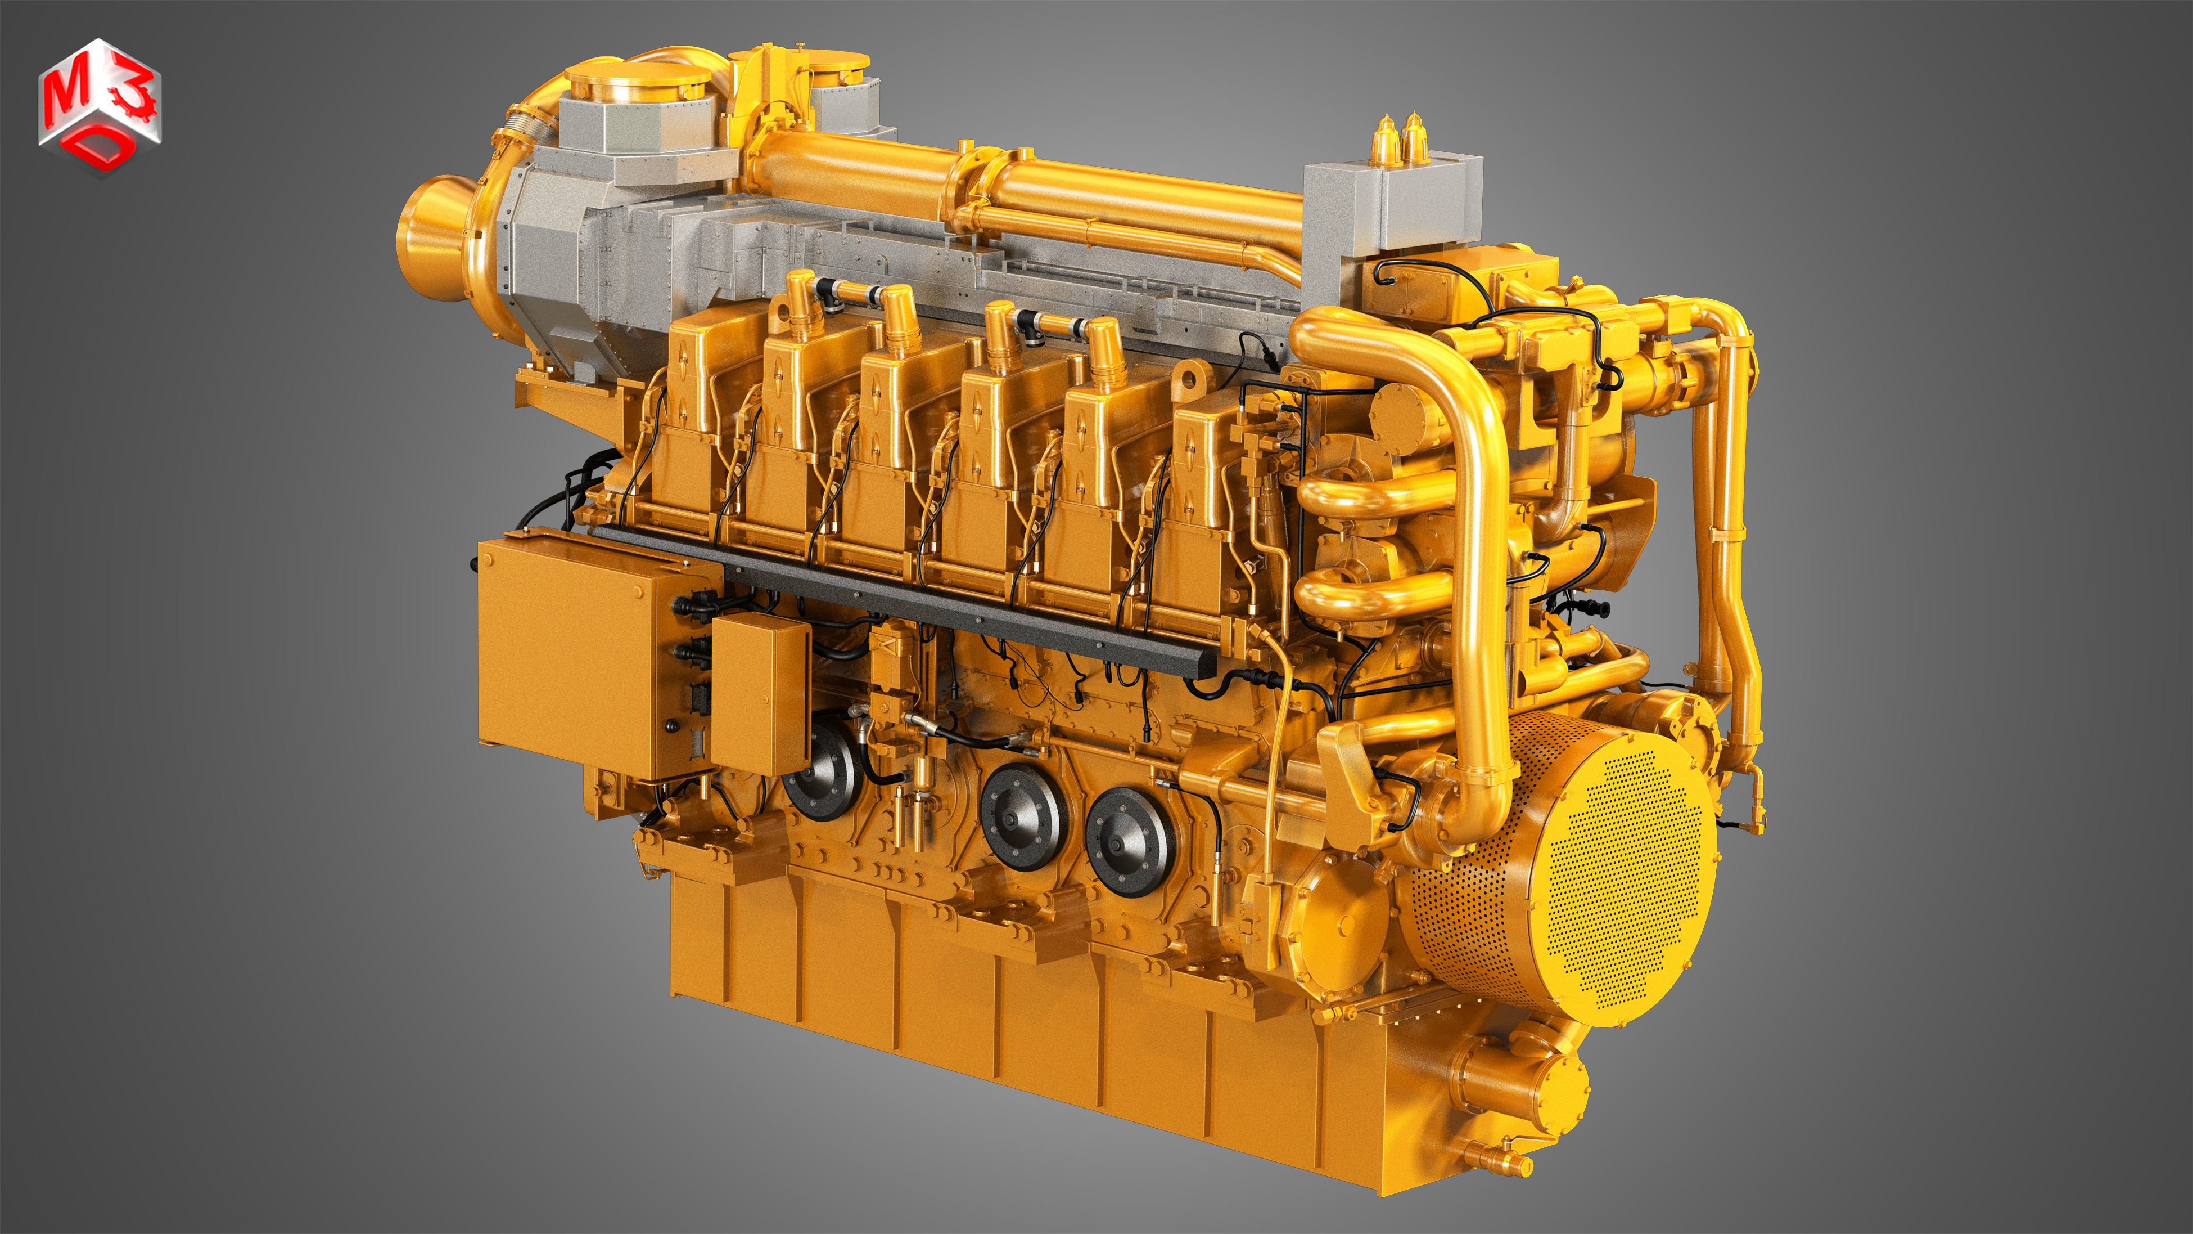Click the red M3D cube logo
coord(100,106)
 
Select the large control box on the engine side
coord(588,656)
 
